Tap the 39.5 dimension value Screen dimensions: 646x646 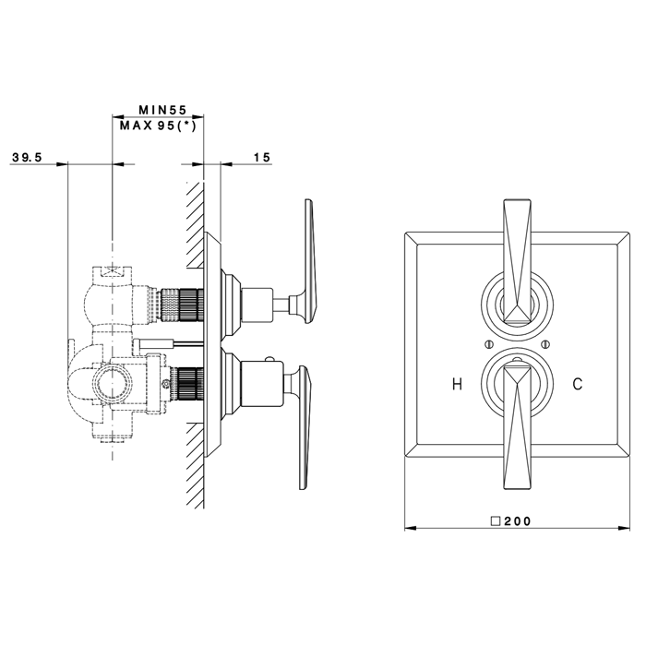tap(28, 158)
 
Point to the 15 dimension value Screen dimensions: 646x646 tap(261, 158)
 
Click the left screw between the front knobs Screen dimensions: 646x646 tap(487, 345)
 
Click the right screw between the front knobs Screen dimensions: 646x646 tap(545, 345)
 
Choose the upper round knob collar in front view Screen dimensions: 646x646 tap(516, 305)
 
